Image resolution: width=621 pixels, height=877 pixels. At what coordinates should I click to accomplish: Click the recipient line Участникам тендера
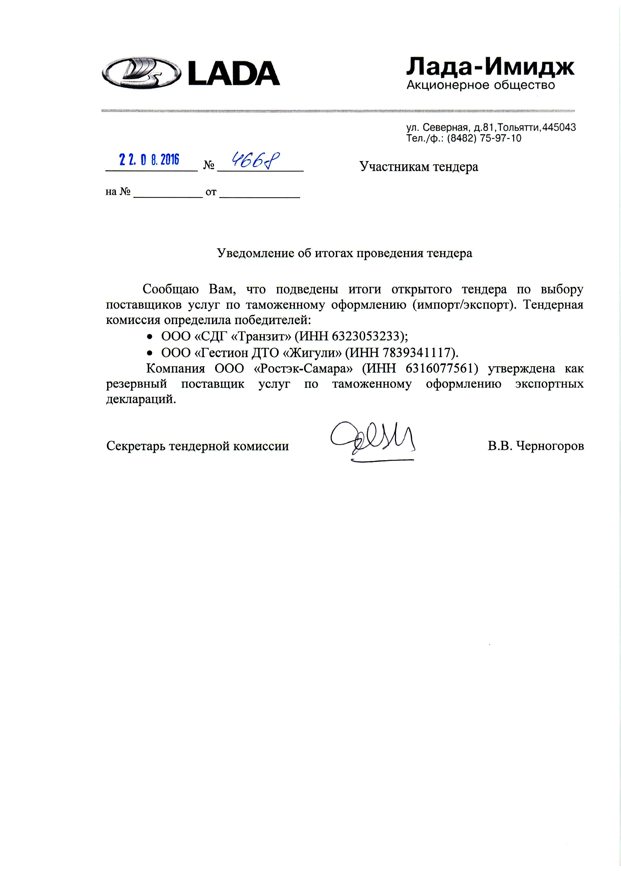[x=419, y=167]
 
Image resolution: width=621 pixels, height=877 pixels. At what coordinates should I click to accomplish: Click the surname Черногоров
[x=550, y=446]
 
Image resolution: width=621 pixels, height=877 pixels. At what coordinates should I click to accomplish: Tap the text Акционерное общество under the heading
[x=481, y=85]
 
